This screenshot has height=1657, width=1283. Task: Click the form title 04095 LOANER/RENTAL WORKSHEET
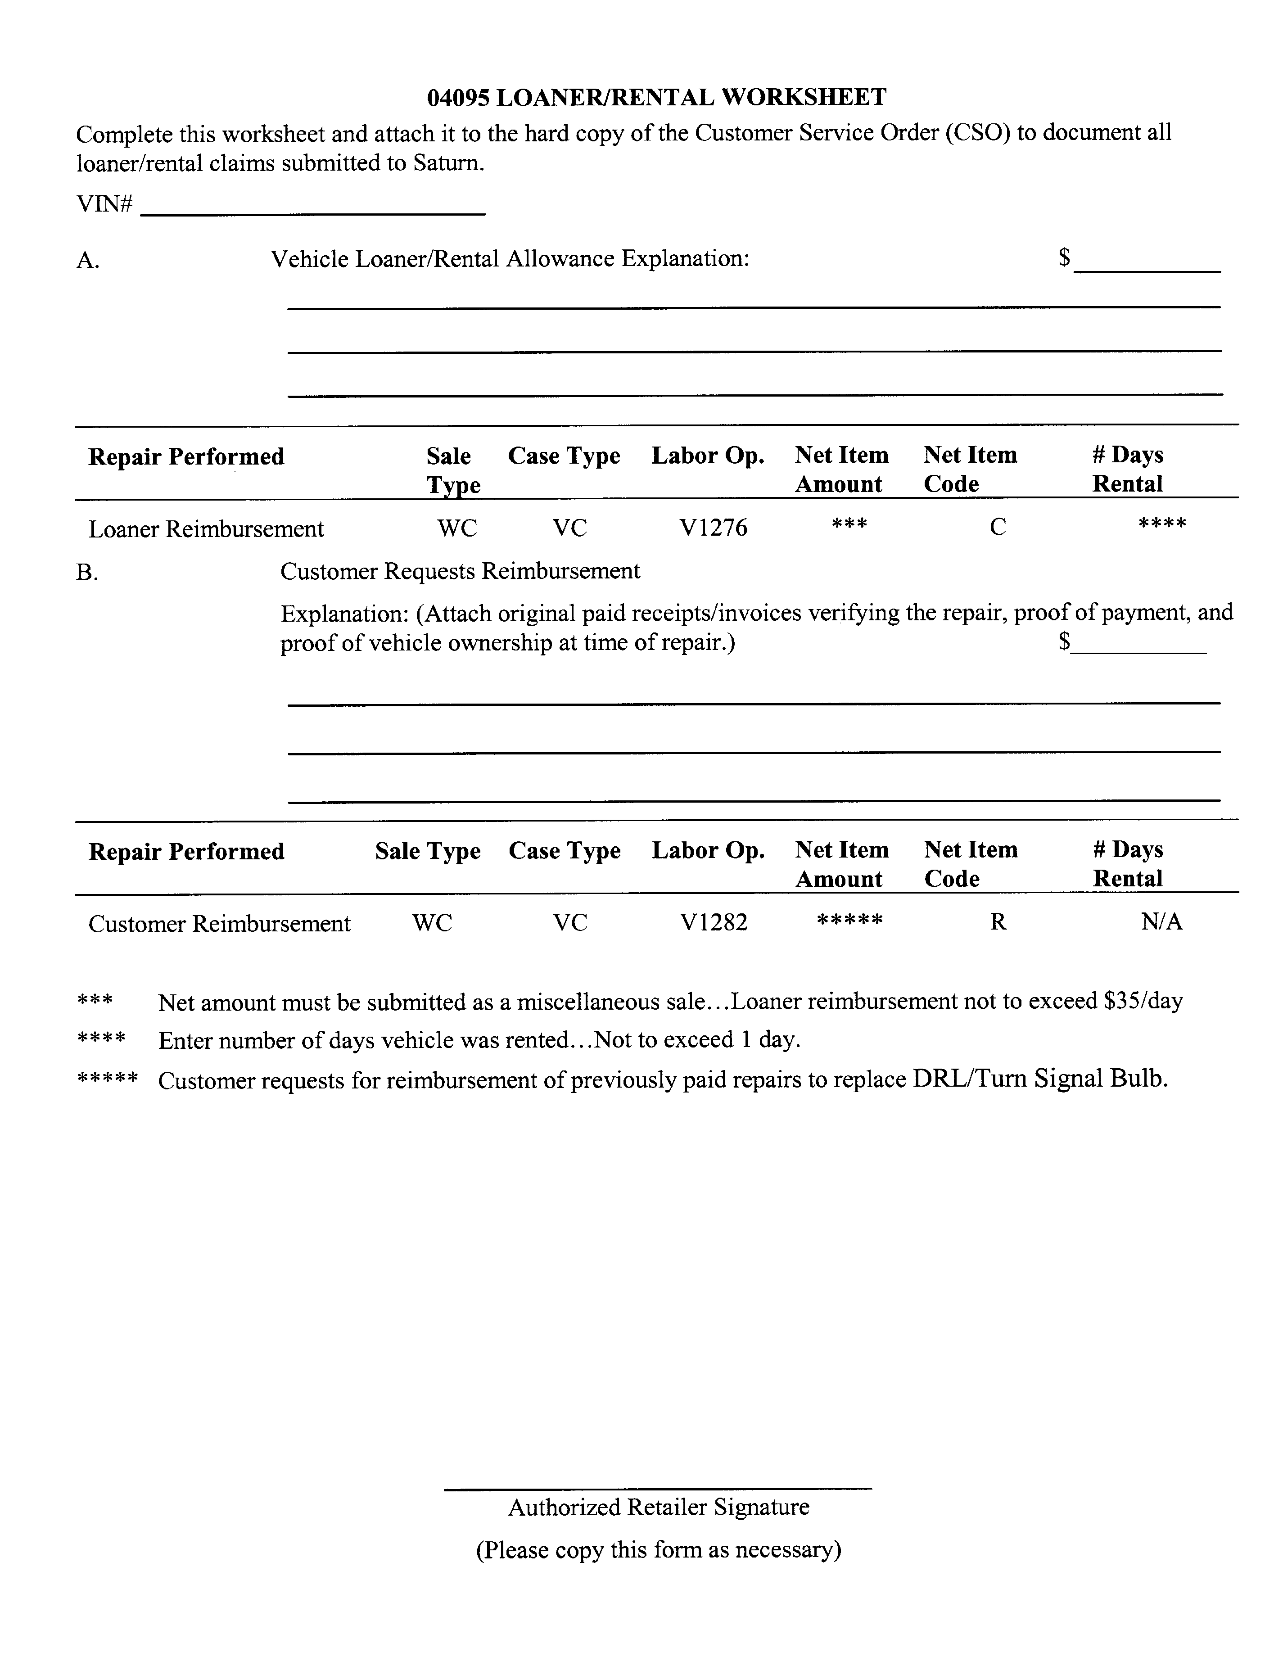point(656,97)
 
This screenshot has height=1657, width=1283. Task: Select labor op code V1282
point(713,922)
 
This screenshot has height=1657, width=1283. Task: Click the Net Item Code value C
point(998,527)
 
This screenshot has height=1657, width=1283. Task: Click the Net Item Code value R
point(998,922)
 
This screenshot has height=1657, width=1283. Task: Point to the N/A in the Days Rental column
point(1161,922)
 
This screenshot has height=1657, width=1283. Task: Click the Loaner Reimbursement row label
point(206,529)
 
